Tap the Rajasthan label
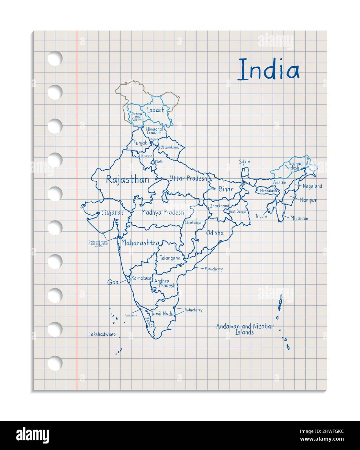tap(128, 180)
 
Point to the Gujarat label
tap(112, 213)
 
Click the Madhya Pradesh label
tap(163, 213)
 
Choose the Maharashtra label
tap(140, 243)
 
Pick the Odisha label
tap(215, 233)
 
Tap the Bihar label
tap(226, 189)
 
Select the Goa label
tap(113, 283)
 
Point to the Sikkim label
tap(245, 162)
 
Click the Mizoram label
tap(299, 219)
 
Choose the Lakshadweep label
tap(102, 335)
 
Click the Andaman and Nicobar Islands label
tap(245, 329)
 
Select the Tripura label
tap(261, 216)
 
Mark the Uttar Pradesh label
tap(188, 179)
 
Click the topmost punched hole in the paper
tap(55, 58)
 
